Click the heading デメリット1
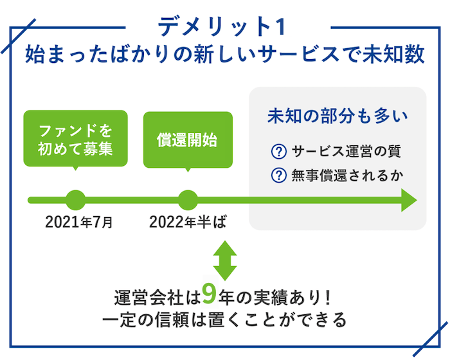pos(222,27)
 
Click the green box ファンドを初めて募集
pos(75,139)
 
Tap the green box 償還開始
pos(188,140)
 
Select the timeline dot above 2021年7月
pos(76,200)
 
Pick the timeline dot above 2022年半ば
pos(188,200)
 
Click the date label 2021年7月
pos(79,222)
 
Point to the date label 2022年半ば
pos(188,222)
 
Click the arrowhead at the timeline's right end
pos(409,200)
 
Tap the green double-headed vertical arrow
pos(225,260)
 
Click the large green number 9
pos(209,294)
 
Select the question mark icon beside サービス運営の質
pos(278,152)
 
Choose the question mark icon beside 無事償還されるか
pos(278,175)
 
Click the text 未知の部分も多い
pos(337,116)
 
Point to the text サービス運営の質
pos(346,151)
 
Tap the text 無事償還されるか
pos(348,175)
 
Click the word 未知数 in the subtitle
pos(394,54)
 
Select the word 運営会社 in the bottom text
pos(148,298)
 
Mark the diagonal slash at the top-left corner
pos(19,36)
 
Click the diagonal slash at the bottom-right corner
pos(430,339)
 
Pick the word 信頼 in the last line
pos(172,319)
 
